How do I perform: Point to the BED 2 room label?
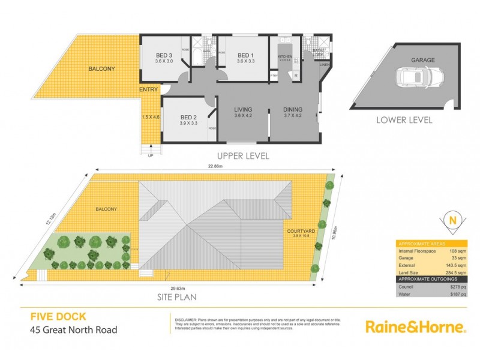(188, 118)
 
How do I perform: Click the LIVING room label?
(243, 109)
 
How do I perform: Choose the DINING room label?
(293, 109)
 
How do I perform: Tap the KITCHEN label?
(284, 57)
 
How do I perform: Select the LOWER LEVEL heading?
(404, 120)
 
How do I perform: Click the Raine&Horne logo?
(415, 326)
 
